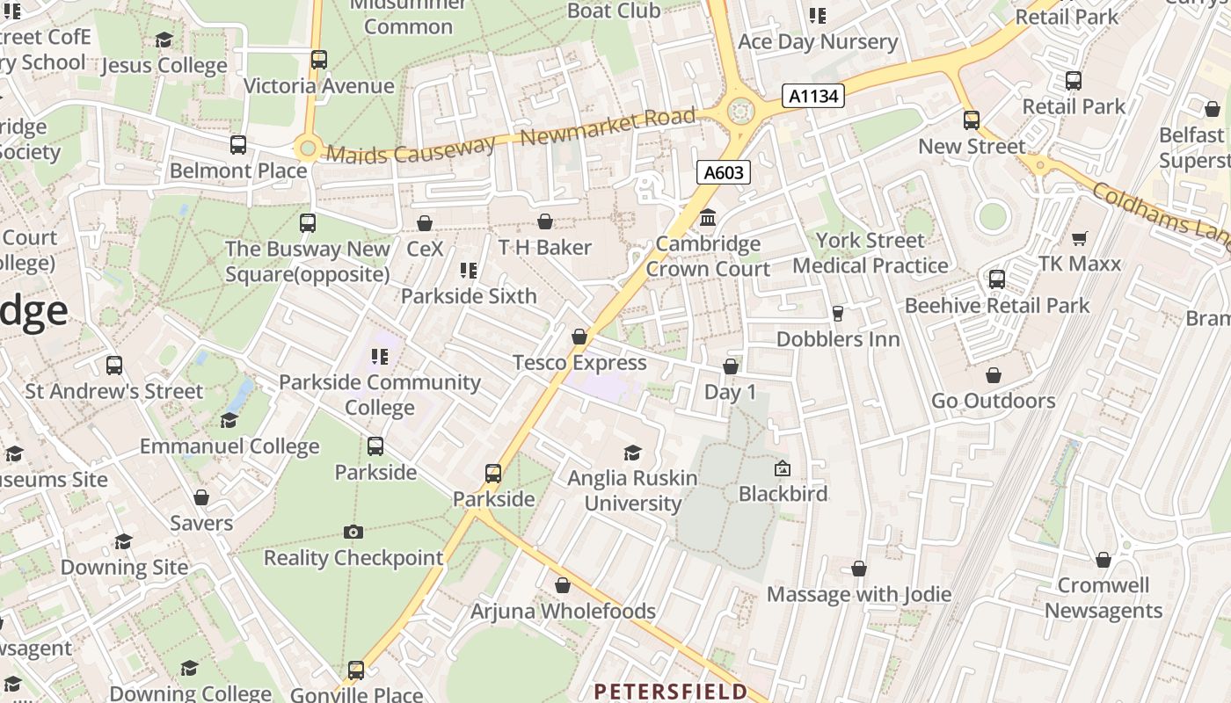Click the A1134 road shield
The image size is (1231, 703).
[x=813, y=96]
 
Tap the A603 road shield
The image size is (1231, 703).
[x=724, y=172]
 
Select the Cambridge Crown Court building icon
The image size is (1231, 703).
[x=708, y=217]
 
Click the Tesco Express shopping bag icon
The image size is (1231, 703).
[x=579, y=337]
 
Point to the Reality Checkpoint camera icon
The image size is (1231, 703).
[x=353, y=532]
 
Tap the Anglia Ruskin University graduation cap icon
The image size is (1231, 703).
[x=632, y=453]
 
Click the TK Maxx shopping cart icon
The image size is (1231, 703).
[x=1080, y=238]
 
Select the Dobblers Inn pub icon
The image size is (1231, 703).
[x=837, y=313]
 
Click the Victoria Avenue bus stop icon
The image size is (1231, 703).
[x=319, y=60]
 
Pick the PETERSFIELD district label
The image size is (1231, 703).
[x=671, y=692]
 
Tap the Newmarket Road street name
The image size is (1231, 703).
[x=608, y=127]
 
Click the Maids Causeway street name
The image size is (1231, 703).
[x=412, y=150]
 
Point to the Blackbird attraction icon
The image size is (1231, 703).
[x=783, y=468]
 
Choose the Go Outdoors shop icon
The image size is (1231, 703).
[x=994, y=375]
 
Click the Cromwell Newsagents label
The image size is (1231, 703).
[x=1104, y=598]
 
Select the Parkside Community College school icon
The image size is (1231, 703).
[x=380, y=357]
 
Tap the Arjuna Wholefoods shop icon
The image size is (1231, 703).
[x=563, y=585]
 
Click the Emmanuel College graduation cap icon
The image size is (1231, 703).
[x=229, y=420]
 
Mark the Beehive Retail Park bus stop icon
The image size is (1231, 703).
[x=997, y=279]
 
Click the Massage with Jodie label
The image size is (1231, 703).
[x=859, y=594]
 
